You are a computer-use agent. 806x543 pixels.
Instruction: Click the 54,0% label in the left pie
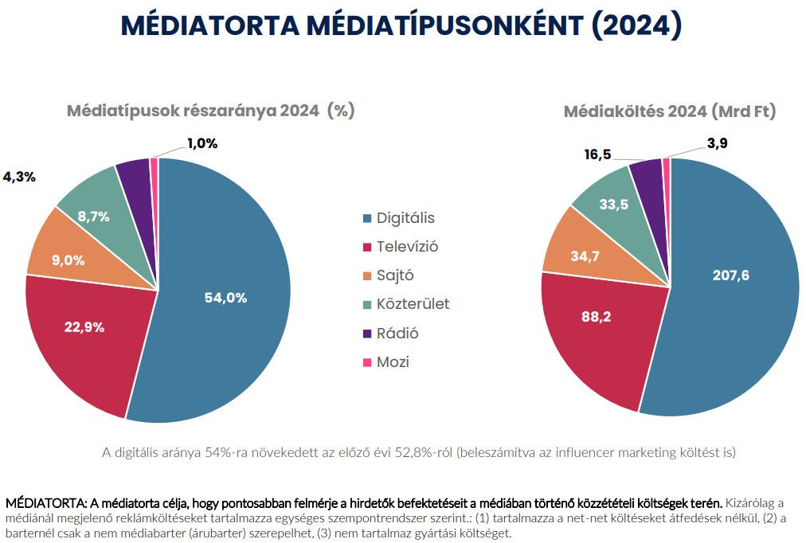click(x=225, y=298)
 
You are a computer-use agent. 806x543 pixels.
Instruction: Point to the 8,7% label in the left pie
click(x=94, y=216)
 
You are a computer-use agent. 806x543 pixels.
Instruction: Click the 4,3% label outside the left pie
click(x=19, y=177)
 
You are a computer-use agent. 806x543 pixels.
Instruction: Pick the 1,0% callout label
click(x=202, y=143)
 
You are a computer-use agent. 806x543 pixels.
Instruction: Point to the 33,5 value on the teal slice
click(x=612, y=205)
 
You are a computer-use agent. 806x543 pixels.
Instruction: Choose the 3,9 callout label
click(x=717, y=143)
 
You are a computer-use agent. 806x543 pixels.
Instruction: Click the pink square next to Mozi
click(x=366, y=362)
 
